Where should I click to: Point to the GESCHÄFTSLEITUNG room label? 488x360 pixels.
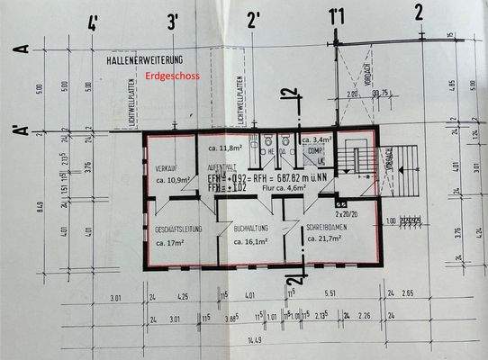tap(177, 230)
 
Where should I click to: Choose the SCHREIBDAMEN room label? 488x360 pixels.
tap(325, 228)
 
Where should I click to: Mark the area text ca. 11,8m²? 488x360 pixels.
tap(228, 147)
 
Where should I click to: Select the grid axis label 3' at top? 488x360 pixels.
tap(173, 20)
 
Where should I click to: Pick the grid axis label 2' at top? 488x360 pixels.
tap(253, 18)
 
